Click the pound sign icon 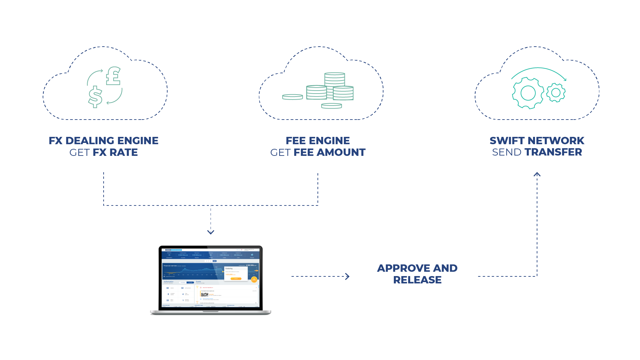point(113,76)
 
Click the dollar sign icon point(95,97)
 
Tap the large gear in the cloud point(528,93)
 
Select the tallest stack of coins point(334,80)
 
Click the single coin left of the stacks point(293,97)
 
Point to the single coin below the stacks point(331,106)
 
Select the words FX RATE point(115,152)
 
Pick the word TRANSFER point(553,152)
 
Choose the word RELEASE point(417,280)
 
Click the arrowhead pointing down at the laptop point(211,232)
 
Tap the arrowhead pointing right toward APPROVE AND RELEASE point(347,276)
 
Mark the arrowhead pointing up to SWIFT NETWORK point(537,174)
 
